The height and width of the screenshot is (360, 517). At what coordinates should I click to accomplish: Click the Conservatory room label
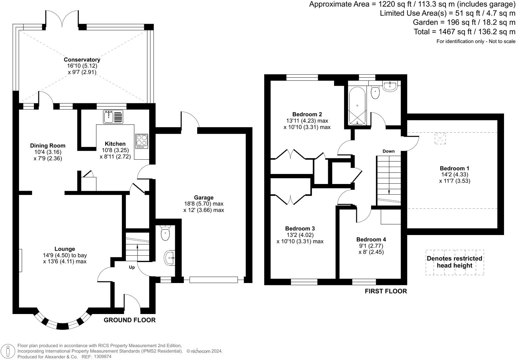pos(82,60)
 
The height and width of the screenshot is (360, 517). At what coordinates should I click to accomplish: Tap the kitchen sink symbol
pos(113,117)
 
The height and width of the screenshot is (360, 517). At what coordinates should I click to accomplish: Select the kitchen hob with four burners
pos(142,141)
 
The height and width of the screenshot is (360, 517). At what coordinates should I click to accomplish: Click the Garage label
pos(204,197)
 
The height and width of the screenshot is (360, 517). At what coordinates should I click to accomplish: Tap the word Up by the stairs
pos(132,267)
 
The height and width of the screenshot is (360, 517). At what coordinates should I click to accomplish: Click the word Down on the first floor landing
pos(388,151)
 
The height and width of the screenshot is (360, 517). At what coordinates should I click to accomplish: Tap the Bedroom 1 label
pos(454,168)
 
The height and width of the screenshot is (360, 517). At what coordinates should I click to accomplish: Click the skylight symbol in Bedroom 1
pos(440,138)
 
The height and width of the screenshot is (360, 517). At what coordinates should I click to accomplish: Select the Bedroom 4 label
pos(371,239)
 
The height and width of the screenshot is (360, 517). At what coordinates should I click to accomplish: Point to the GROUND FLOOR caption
pos(130,320)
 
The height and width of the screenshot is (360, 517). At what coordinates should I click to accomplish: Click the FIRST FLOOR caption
pos(386,291)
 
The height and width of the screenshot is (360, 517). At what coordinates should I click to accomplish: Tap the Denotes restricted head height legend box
pos(454,262)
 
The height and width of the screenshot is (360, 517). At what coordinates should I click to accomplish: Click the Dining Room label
pos(48,146)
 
